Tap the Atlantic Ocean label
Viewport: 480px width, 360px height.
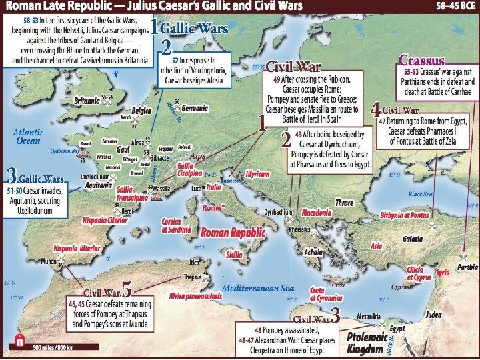(x=28, y=137)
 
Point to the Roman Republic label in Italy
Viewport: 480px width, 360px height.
(x=233, y=233)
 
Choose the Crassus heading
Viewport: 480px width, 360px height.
(x=421, y=59)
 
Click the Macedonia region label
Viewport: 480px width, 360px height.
(x=317, y=212)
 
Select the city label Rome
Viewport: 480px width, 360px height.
(x=212, y=207)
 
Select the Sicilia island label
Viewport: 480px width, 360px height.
(x=234, y=255)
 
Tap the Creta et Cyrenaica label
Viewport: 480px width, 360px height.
(x=325, y=295)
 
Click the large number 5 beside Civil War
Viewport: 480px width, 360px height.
(x=127, y=290)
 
